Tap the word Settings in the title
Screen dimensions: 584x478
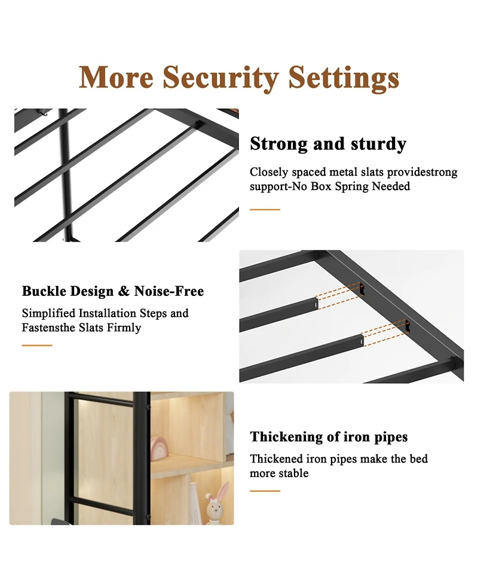(344, 78)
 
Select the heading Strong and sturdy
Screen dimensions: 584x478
(328, 144)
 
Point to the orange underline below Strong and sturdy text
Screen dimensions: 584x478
(265, 210)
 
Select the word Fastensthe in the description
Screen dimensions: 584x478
(50, 328)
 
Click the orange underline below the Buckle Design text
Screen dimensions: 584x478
(37, 345)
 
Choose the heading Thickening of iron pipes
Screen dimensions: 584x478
(329, 437)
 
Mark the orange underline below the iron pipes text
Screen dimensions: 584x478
(265, 491)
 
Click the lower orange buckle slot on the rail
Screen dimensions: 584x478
(407, 326)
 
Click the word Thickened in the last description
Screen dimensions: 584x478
(277, 459)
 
